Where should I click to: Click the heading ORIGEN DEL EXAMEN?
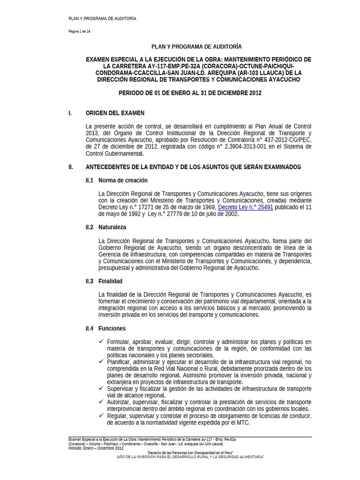point(115,113)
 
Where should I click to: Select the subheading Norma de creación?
point(122,180)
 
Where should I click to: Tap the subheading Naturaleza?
point(112,227)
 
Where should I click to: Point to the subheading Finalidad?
point(110,281)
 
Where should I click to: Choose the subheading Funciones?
point(112,329)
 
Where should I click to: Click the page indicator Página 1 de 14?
point(81,31)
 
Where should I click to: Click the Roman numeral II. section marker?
point(71,167)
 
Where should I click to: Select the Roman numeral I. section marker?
point(70,113)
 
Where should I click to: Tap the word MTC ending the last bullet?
point(243,422)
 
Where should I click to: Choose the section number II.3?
point(90,281)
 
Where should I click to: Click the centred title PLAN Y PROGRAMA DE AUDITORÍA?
point(196,47)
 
